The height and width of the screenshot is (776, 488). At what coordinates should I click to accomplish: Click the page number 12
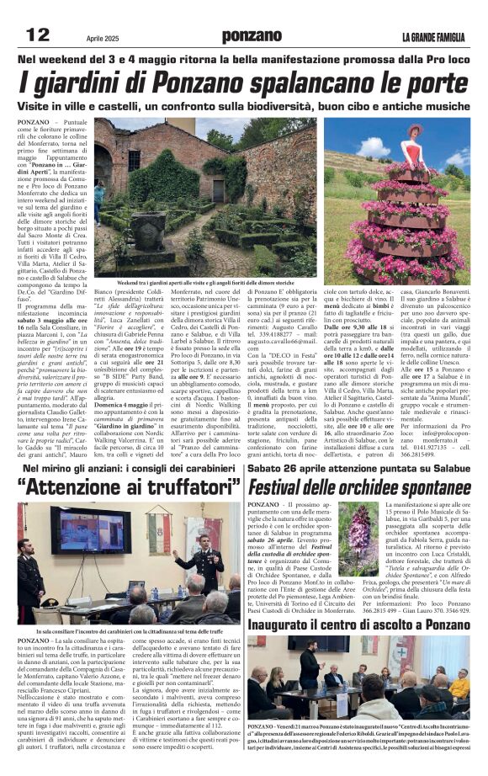tap(38, 35)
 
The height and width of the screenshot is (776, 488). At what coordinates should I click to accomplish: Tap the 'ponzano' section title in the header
tap(252, 36)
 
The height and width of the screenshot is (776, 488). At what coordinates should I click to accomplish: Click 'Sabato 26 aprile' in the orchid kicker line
tap(290, 467)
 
